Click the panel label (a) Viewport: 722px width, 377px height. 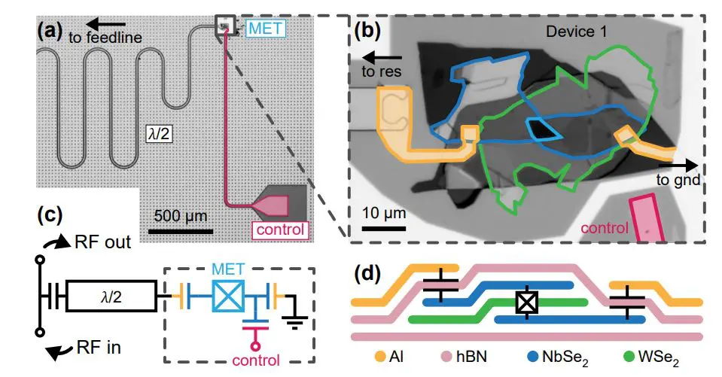tap(50, 32)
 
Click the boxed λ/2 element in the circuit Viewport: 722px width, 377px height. tap(111, 296)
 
